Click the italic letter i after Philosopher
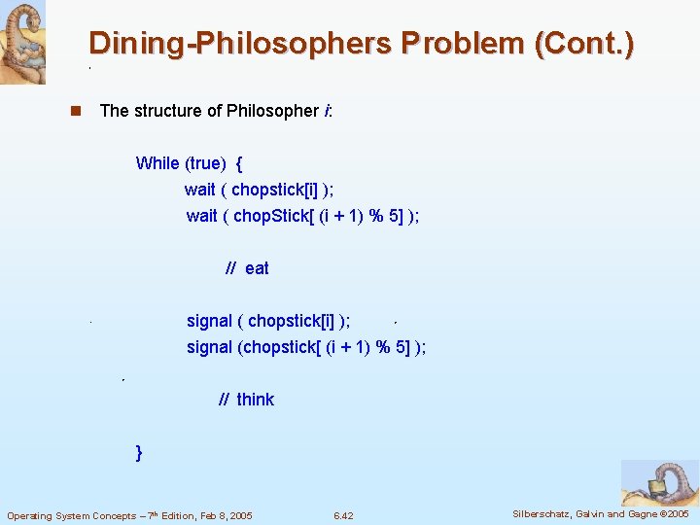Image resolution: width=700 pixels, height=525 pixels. coord(325,111)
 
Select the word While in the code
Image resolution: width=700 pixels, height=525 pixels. coord(157,163)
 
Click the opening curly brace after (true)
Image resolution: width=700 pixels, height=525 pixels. coord(239,163)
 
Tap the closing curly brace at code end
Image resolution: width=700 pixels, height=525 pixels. coord(140,452)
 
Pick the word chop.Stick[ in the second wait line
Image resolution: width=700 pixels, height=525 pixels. coord(274,216)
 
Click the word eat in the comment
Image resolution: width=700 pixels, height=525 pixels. coord(257,268)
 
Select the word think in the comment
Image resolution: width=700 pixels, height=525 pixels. coord(255,400)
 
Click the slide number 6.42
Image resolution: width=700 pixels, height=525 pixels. coord(342,515)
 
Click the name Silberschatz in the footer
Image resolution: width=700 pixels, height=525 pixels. coord(542,513)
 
